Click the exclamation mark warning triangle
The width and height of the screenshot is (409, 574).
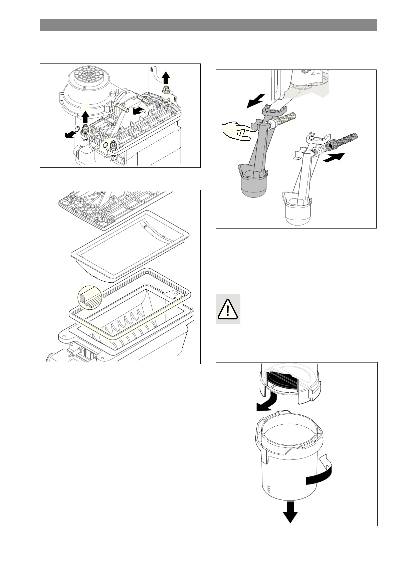point(228,309)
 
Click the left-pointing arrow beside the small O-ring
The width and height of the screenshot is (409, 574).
point(70,134)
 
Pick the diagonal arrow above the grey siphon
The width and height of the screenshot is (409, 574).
point(256,101)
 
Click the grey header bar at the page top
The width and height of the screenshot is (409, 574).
point(208,25)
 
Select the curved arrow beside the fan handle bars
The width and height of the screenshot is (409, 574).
point(139,111)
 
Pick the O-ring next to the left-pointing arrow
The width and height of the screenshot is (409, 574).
point(77,129)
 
